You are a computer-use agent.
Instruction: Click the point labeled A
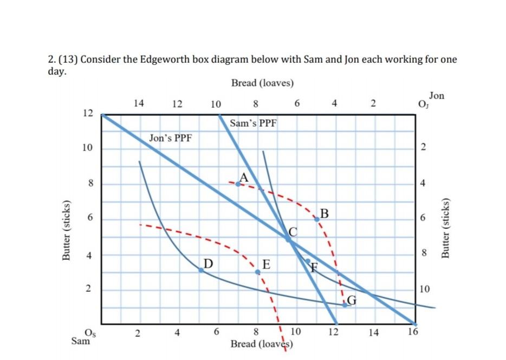(238, 184)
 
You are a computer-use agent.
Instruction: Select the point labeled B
(317, 219)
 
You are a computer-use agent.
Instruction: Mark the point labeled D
(201, 270)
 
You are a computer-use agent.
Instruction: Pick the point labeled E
(258, 272)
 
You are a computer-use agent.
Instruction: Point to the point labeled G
(345, 305)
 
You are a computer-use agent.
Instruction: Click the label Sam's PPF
(253, 123)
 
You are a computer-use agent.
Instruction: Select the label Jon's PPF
(170, 138)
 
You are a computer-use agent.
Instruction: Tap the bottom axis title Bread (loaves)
(262, 344)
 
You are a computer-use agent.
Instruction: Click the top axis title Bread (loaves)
(262, 83)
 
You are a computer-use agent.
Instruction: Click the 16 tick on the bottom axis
(413, 332)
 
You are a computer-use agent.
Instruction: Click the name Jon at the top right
(436, 96)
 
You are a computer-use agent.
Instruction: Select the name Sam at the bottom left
(81, 342)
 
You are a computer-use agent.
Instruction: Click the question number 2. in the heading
(52, 60)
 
